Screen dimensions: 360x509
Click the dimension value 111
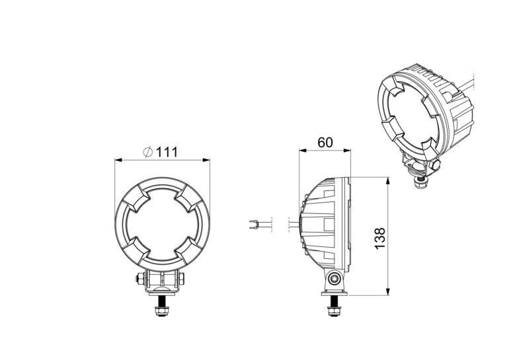[x=168, y=152]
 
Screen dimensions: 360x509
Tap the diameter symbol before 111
[x=147, y=152]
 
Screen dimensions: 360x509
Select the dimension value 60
[x=325, y=142]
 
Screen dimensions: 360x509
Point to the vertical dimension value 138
[x=379, y=238]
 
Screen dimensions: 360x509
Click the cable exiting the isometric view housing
[x=471, y=85]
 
